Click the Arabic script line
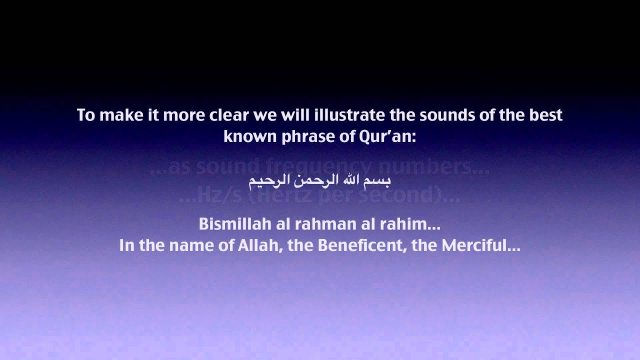[319, 179]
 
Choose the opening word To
[85, 115]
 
